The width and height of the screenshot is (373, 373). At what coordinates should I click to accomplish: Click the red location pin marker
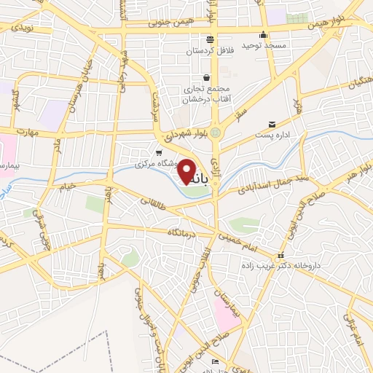188,171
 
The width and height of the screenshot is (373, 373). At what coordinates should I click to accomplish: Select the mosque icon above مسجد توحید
263,34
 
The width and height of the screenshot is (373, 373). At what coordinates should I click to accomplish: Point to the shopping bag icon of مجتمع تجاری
207,77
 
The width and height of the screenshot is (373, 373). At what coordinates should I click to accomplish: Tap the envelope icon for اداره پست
272,125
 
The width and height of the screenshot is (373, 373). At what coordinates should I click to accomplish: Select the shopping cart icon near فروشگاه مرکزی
159,152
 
